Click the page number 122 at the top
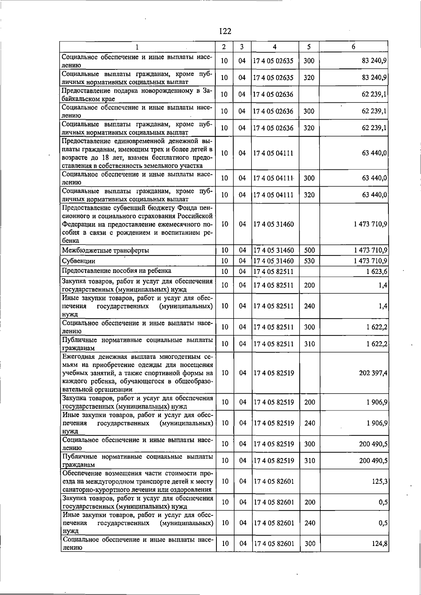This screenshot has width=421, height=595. (225, 31)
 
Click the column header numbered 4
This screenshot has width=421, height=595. (274, 47)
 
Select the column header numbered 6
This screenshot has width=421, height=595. (353, 47)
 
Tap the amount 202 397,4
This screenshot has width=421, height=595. (373, 373)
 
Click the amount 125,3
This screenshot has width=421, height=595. (380, 481)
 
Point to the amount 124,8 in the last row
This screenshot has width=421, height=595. (380, 544)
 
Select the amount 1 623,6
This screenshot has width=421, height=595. (377, 272)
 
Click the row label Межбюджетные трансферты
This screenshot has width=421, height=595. (105, 250)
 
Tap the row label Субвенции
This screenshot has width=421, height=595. (79, 261)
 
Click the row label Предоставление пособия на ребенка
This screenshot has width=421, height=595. (116, 271)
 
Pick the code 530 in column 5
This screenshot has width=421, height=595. (309, 261)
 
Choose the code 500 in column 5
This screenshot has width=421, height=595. (309, 250)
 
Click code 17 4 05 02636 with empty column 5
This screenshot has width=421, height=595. (273, 94)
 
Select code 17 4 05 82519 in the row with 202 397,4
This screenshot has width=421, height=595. (274, 373)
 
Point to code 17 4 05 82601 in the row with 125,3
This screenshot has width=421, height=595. (274, 481)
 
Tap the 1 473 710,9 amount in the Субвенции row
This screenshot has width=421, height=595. (370, 261)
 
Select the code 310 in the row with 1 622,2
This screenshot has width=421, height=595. (309, 344)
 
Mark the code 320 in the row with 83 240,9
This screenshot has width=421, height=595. (309, 78)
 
